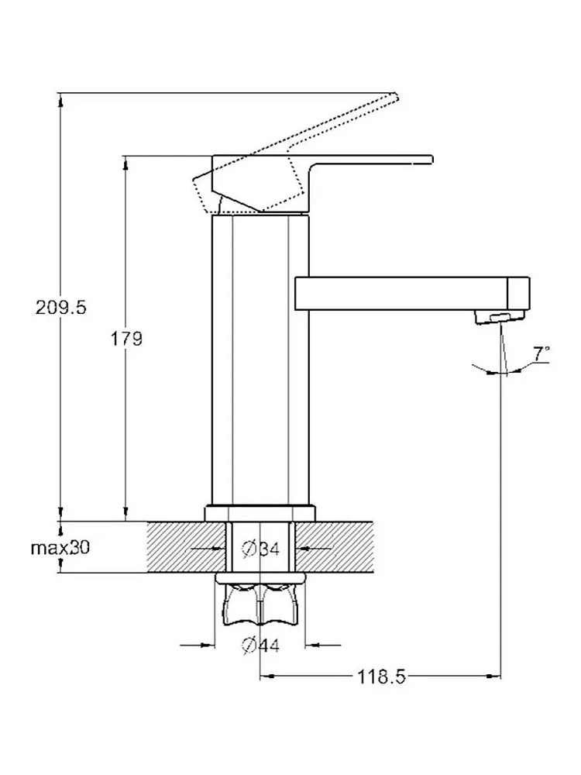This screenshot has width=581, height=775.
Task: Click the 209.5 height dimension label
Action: pos(60,308)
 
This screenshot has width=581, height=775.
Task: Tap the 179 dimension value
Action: pos(126,339)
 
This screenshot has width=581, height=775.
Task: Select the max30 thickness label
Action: pos(60,548)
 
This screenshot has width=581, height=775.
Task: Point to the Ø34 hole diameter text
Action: pos(261,549)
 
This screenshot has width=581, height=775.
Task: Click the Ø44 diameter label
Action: pos(261,645)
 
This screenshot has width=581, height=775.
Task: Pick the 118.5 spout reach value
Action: pos(381,676)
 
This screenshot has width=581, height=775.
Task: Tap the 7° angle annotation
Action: pos(541,353)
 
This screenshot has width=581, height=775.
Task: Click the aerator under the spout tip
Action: pos(500,317)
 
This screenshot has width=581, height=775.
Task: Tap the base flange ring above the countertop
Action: pos(260,512)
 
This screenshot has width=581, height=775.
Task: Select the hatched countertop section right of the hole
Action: pos(334,546)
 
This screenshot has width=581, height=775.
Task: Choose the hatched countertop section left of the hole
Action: pos(187,546)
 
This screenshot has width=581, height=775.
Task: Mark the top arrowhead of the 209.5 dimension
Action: pos(60,99)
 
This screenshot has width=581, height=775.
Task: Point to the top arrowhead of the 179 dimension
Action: pos(126,164)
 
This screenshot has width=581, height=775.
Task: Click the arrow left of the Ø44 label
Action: pos(198,645)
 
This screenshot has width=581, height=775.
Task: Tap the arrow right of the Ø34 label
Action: pos(314,548)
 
